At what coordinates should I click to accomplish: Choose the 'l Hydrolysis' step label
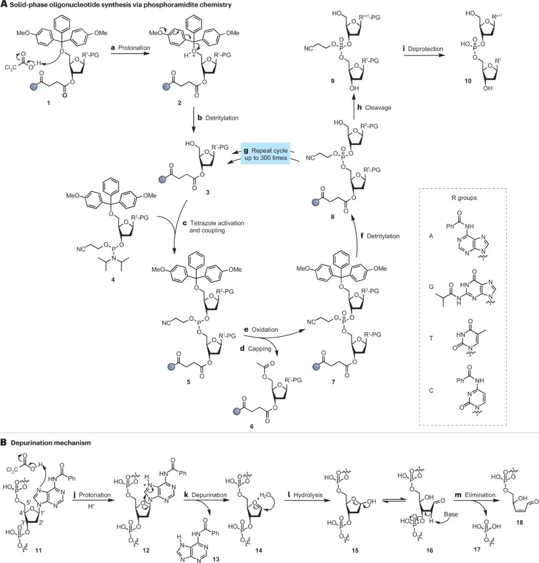306,495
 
